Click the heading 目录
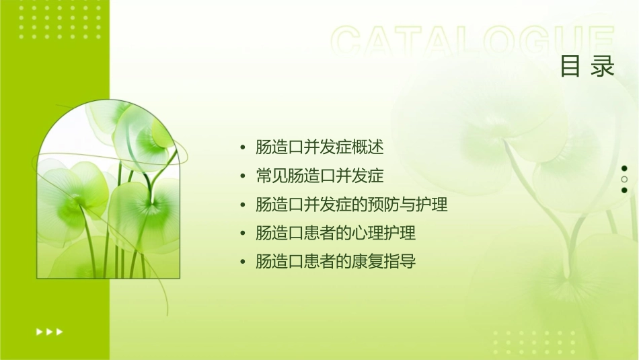pyautogui.click(x=587, y=67)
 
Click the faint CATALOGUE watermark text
pyautogui.click(x=473, y=42)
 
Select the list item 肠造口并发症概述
pyautogui.click(x=319, y=147)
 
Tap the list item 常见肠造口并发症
pyautogui.click(x=319, y=176)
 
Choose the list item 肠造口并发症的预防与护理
pyautogui.click(x=352, y=205)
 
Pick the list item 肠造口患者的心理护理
pyautogui.click(x=336, y=233)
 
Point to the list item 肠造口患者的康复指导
pyautogui.click(x=336, y=262)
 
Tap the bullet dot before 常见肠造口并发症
pyautogui.click(x=243, y=177)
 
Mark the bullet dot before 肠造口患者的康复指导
pyautogui.click(x=243, y=262)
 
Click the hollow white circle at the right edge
pyautogui.click(x=624, y=180)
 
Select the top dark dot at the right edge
pyautogui.click(x=624, y=168)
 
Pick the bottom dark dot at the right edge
pyautogui.click(x=624, y=190)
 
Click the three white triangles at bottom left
pyautogui.click(x=49, y=331)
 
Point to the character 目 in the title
pyautogui.click(x=570, y=67)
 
